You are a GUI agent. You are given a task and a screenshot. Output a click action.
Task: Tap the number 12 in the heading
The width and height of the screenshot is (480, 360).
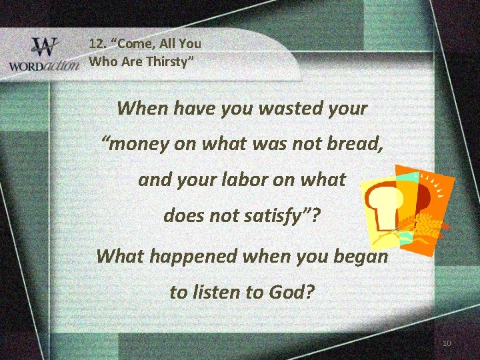pyautogui.click(x=97, y=44)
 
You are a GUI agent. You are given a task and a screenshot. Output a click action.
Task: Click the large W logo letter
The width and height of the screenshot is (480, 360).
pyautogui.click(x=45, y=48)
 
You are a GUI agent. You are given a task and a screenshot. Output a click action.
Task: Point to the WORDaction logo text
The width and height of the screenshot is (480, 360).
pyautogui.click(x=43, y=67)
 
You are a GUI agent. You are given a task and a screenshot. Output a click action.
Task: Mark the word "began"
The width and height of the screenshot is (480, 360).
pyautogui.click(x=361, y=256)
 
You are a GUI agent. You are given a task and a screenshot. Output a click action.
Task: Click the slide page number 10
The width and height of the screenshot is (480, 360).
pyautogui.click(x=447, y=343)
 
